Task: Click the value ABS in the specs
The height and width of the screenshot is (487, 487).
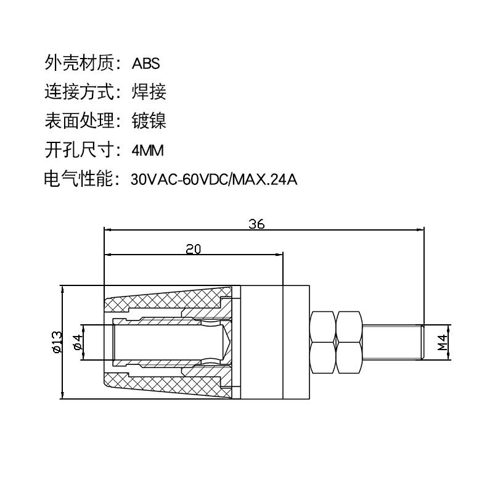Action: pos(145,63)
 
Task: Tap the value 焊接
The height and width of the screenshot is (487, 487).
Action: pos(149,92)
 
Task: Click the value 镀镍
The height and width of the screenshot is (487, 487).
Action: pos(149,121)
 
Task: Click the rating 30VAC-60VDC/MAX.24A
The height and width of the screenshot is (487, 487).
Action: pos(214,180)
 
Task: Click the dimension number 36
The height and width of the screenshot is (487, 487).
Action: pos(256,224)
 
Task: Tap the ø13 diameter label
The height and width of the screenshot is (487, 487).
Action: pos(55,343)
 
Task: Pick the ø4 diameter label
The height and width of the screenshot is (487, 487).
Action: pos(78,343)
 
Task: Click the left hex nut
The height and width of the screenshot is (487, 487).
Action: pos(322,342)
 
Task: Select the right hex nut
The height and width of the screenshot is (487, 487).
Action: pos(349,342)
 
